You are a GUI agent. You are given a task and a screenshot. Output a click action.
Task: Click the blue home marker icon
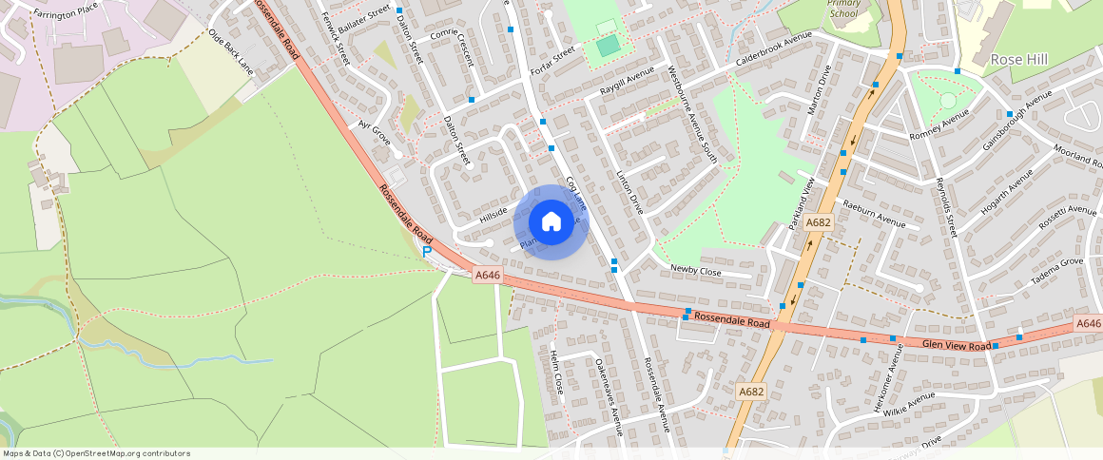[x=551, y=222]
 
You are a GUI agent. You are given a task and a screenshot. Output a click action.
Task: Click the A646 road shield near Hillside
[x=487, y=276]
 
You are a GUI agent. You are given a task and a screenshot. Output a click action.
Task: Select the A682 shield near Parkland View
[x=818, y=221]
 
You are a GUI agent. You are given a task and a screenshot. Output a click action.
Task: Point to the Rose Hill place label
[x=1018, y=60]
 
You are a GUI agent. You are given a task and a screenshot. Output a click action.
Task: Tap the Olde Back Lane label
[x=232, y=52]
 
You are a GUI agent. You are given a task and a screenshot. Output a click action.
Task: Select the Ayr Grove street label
[x=375, y=133]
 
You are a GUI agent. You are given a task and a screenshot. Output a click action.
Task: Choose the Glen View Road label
[x=956, y=346]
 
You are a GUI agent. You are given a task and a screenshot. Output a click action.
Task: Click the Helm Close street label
[x=556, y=372]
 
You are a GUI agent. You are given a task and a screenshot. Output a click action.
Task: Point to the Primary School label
[x=843, y=9]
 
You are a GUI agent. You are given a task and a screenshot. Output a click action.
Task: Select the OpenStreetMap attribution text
[x=96, y=453]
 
